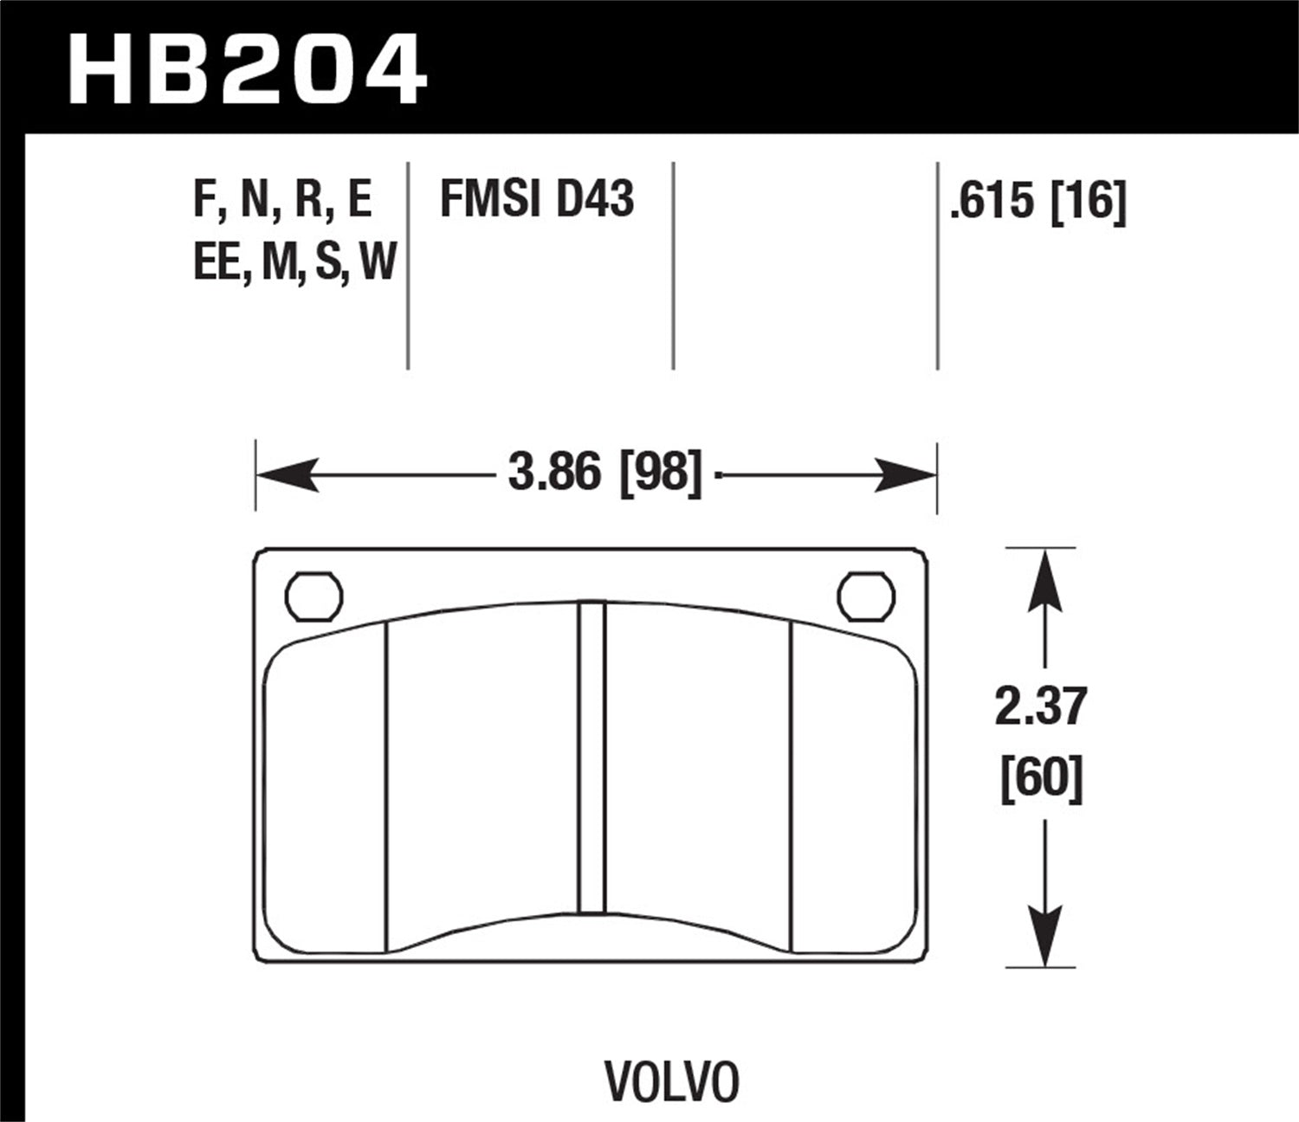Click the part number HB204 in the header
[247, 69]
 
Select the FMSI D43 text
[537, 199]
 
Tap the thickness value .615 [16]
[1037, 203]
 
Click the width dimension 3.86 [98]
[604, 474]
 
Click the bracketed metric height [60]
[1041, 777]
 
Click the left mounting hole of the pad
[313, 596]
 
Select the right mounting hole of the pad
[866, 596]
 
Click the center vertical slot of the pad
[591, 758]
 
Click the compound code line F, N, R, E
[282, 199]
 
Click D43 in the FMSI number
[594, 199]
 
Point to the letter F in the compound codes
[203, 199]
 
